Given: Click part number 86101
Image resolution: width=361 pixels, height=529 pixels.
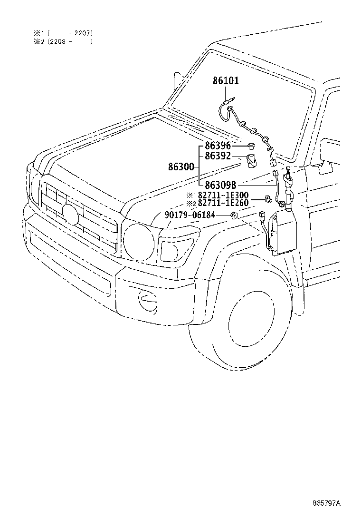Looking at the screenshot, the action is pyautogui.click(x=226, y=80).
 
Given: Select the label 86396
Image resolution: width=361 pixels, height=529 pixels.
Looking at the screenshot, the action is pyautogui.click(x=218, y=146).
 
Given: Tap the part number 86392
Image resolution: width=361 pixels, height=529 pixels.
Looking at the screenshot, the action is pyautogui.click(x=218, y=156).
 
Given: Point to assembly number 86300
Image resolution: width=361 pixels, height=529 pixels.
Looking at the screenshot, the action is pyautogui.click(x=181, y=167).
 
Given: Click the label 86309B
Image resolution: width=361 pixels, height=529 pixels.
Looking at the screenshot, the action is pyautogui.click(x=220, y=185).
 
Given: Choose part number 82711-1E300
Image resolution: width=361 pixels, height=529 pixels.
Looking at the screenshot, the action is pyautogui.click(x=223, y=195).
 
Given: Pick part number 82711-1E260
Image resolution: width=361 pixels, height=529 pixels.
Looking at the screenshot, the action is pyautogui.click(x=223, y=203).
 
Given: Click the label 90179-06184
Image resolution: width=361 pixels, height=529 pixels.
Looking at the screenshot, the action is pyautogui.click(x=190, y=215).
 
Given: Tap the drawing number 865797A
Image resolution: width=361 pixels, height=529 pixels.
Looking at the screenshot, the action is pyautogui.click(x=327, y=503).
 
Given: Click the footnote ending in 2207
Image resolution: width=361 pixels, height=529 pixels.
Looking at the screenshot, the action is pyautogui.click(x=63, y=33).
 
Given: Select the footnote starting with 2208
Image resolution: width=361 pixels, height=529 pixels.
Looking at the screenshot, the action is pyautogui.click(x=63, y=41).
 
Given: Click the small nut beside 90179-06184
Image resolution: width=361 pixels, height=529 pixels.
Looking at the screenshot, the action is pyautogui.click(x=234, y=215).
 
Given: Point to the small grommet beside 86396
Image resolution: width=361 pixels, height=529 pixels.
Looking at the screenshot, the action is pyautogui.click(x=250, y=146).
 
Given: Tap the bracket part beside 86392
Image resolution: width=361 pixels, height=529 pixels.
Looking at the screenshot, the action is pyautogui.click(x=251, y=161).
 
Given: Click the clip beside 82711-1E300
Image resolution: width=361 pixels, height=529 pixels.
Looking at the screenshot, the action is pyautogui.click(x=268, y=199).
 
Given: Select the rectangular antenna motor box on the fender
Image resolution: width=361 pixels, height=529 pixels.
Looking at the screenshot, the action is pyautogui.click(x=283, y=231).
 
